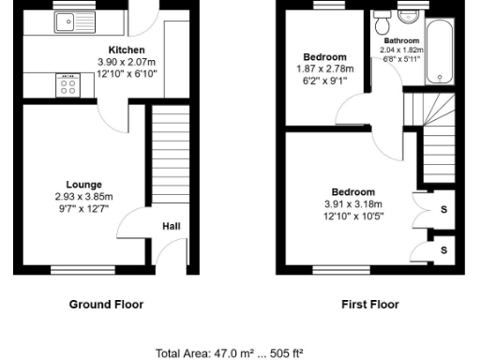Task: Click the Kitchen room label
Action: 127,50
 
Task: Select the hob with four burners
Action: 68,85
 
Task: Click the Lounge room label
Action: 83,185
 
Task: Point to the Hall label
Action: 172,226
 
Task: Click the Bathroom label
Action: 400,40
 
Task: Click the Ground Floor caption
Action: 106,305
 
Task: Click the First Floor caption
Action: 370,305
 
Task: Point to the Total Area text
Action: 239,353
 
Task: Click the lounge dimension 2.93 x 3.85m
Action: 83,197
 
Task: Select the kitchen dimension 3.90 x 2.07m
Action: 127,62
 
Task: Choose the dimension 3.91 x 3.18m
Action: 352,204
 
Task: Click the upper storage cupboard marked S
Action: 443,209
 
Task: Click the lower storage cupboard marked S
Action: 443,250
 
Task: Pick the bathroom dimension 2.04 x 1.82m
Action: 400,50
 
